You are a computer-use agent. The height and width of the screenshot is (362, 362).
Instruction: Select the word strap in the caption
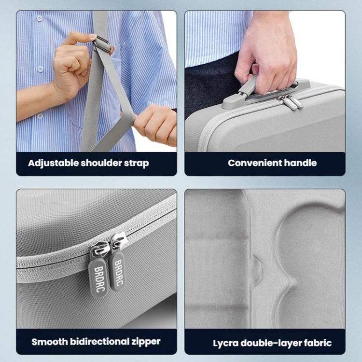[x=136, y=163]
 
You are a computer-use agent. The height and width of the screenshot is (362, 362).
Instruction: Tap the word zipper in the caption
[x=146, y=342]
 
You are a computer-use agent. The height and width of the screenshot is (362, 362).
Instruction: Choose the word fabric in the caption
[x=316, y=344]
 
